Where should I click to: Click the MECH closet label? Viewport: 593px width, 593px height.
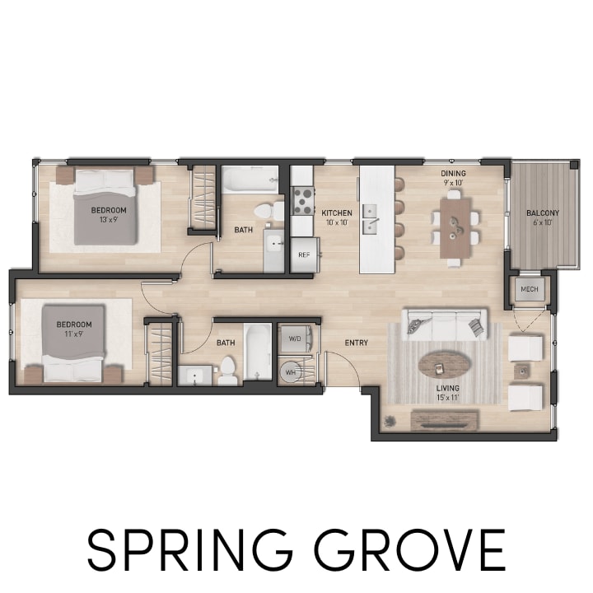[x=528, y=291]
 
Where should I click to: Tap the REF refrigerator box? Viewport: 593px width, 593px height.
[x=304, y=254]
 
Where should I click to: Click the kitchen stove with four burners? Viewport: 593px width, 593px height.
[x=303, y=200]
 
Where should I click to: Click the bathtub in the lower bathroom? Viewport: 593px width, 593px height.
[x=257, y=352]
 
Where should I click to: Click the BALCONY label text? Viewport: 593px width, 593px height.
[x=542, y=213]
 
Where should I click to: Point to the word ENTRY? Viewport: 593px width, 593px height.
[x=356, y=343]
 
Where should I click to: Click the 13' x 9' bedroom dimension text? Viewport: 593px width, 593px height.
[x=105, y=220]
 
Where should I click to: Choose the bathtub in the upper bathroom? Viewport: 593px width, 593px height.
[x=251, y=180]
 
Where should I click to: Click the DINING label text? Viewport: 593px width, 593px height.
[x=453, y=174]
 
